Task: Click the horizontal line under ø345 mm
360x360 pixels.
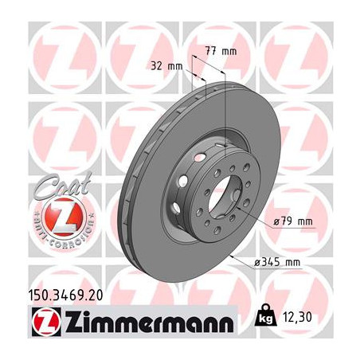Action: (x=275, y=269)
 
